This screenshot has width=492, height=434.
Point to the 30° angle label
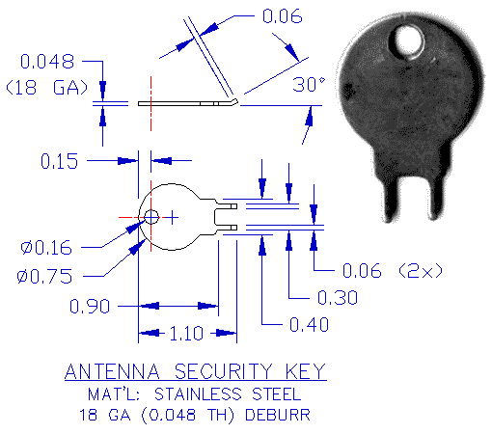click(310, 85)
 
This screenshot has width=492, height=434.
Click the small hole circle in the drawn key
click(151, 217)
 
